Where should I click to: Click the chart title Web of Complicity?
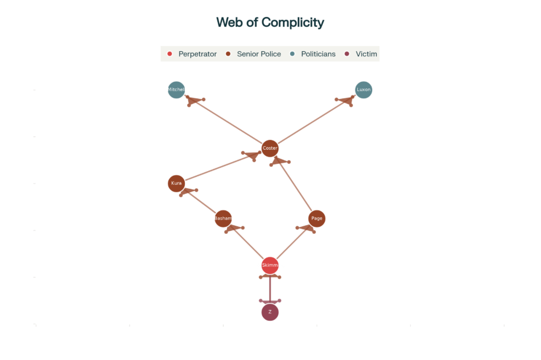[270, 23]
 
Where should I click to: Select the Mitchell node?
[176, 90]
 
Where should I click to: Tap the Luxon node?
[364, 90]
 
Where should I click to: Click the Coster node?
[270, 148]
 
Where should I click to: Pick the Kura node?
[176, 183]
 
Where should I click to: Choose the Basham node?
[223, 218]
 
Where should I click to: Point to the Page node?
[317, 218]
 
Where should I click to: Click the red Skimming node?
[270, 265]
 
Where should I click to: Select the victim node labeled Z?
[270, 312]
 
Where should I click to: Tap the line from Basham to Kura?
[201, 202]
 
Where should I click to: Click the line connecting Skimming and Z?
[270, 289]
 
